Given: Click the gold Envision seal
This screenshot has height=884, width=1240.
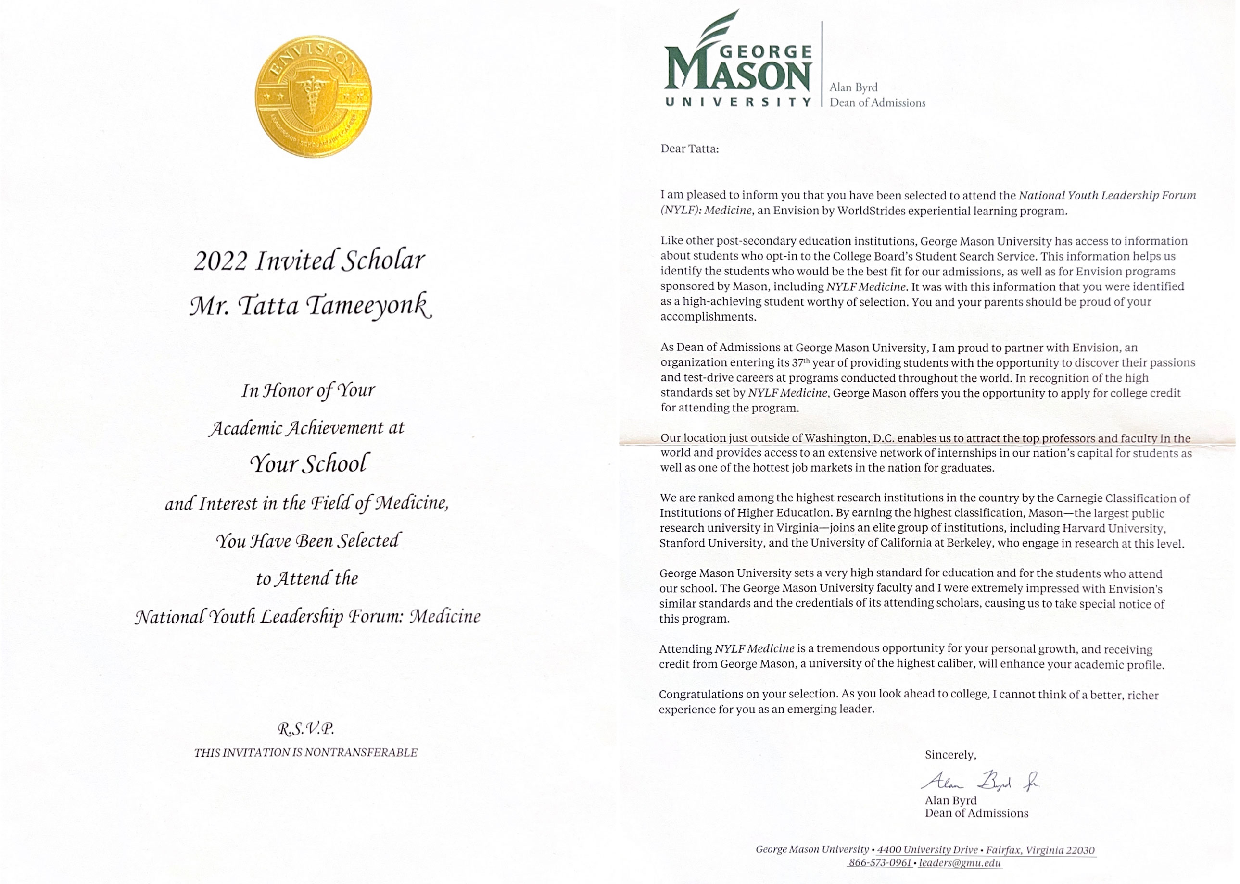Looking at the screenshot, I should click(x=314, y=96).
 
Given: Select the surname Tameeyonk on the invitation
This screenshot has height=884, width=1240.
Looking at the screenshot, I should click(x=370, y=306).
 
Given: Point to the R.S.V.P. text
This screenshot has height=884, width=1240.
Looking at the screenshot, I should click(x=305, y=728).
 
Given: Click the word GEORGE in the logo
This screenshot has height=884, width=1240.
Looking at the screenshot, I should click(x=766, y=52).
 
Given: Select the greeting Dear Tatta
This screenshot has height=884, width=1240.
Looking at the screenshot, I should click(x=689, y=149).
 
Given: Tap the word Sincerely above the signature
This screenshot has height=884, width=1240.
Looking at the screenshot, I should click(x=950, y=755).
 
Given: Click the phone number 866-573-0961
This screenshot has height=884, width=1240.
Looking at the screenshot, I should click(x=880, y=863).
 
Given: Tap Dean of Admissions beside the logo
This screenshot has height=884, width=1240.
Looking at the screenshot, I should click(x=877, y=103).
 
